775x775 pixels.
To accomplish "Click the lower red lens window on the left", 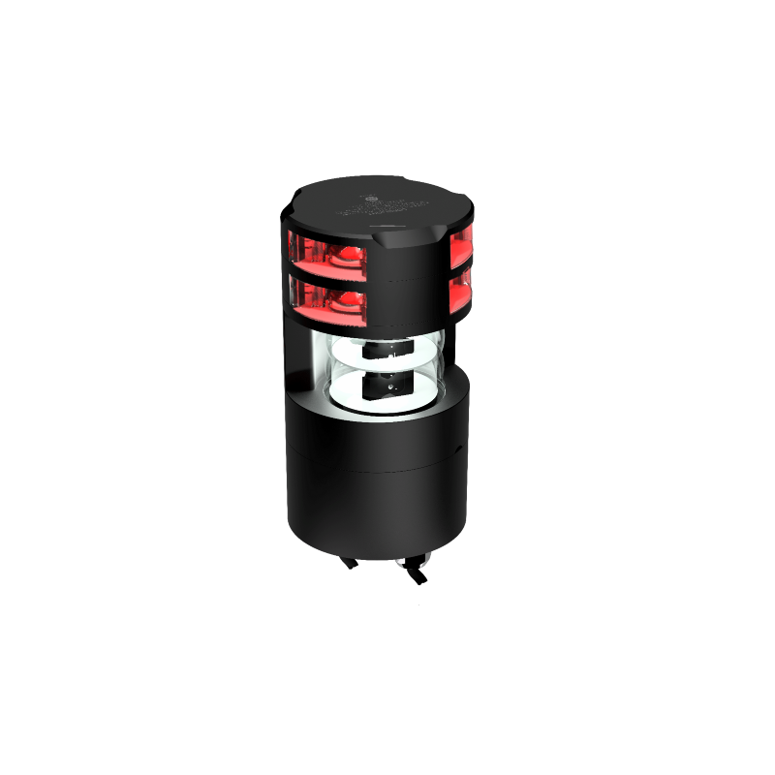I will click(x=329, y=297).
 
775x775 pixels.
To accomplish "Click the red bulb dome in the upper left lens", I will click(x=340, y=258).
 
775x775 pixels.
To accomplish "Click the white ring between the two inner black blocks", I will click(x=383, y=370).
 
